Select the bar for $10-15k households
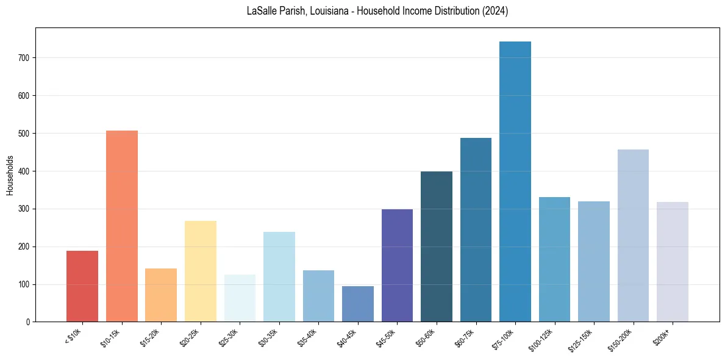122,226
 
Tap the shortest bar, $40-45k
358,304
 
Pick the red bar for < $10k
82,286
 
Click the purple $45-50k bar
397,265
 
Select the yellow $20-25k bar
201,272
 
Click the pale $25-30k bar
240,298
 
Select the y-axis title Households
10,175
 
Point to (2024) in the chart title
495,11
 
